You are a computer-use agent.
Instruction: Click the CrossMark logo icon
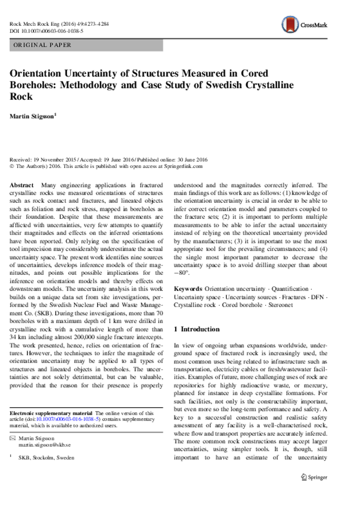pyautogui.click(x=290, y=24)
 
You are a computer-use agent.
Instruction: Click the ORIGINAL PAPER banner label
pyautogui.click(x=42, y=45)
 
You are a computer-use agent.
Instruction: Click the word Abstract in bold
pyautogui.click(x=22, y=185)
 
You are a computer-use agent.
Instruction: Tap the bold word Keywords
pyautogui.click(x=188, y=289)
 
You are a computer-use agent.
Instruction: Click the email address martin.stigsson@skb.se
pyautogui.click(x=44, y=445)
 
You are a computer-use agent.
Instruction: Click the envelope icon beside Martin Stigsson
pyautogui.click(x=12, y=438)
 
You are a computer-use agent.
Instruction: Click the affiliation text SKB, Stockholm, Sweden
pyautogui.click(x=46, y=457)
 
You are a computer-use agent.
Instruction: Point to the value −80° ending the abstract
pyautogui.click(x=181, y=273)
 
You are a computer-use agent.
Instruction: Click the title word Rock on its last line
pyautogui.click(x=21, y=96)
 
